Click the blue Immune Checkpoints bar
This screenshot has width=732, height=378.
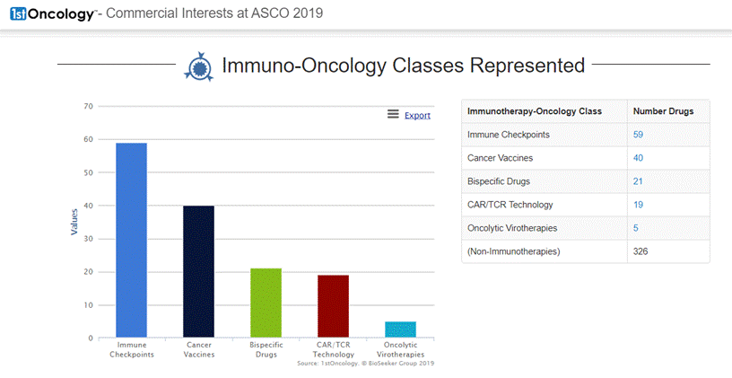tap(132, 240)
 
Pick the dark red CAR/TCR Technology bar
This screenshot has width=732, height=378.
tap(333, 306)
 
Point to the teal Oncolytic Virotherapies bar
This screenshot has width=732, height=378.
tap(400, 330)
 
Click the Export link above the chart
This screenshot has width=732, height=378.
tap(417, 115)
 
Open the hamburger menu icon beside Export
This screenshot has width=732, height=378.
tap(393, 114)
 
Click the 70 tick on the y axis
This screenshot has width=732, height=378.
tap(88, 106)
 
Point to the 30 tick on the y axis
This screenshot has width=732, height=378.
tap(88, 239)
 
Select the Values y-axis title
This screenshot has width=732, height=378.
tap(74, 222)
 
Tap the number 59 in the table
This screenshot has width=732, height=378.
tap(639, 135)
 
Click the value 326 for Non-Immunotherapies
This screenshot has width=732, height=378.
tap(640, 251)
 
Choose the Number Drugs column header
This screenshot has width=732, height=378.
tap(657, 111)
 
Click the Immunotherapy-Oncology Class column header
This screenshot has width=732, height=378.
tap(535, 111)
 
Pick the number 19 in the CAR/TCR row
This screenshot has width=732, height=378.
tap(639, 205)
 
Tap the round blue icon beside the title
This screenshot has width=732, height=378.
tap(198, 66)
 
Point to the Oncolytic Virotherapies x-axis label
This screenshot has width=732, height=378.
tap(400, 349)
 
